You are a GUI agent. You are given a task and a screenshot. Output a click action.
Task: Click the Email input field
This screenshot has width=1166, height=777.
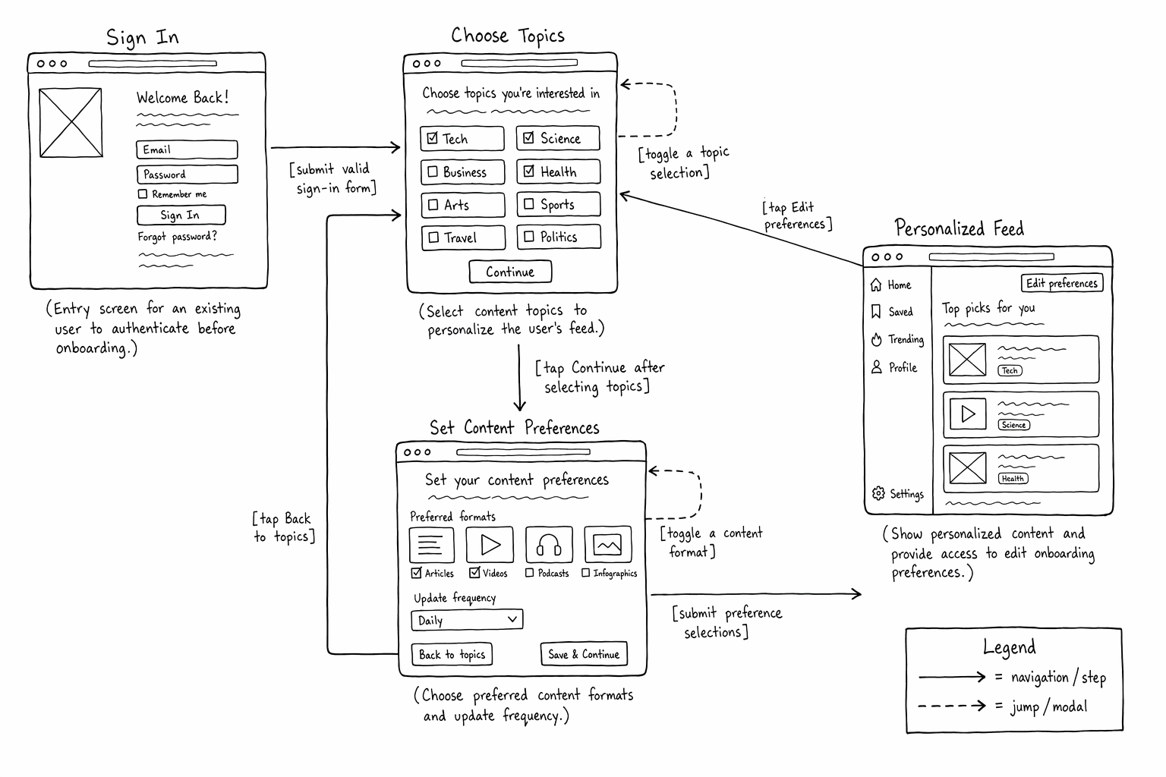(x=187, y=149)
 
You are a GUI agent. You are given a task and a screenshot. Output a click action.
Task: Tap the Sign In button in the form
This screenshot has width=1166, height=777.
(x=181, y=215)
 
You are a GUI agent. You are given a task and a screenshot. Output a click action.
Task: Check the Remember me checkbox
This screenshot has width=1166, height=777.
(x=142, y=194)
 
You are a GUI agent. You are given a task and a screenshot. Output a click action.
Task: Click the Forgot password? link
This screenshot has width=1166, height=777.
(x=177, y=237)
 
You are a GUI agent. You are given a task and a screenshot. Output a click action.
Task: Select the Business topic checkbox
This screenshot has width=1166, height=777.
(x=433, y=171)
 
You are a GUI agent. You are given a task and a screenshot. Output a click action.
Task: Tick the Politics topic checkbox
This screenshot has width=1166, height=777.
(x=529, y=237)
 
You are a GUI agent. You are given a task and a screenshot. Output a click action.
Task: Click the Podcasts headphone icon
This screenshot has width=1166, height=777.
(x=549, y=545)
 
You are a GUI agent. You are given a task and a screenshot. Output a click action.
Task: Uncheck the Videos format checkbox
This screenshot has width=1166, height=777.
(x=474, y=573)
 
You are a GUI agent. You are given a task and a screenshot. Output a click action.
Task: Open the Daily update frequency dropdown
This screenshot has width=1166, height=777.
(x=467, y=620)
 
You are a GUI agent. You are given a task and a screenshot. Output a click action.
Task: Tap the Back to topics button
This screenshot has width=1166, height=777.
(x=452, y=655)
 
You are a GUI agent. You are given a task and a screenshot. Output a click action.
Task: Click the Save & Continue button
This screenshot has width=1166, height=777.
(x=584, y=654)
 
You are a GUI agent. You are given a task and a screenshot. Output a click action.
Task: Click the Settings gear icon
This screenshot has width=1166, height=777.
(x=878, y=493)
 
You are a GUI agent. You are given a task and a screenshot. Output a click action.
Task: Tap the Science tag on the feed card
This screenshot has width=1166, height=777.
(x=1013, y=425)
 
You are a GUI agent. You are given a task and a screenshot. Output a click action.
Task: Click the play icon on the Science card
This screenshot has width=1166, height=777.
(x=968, y=414)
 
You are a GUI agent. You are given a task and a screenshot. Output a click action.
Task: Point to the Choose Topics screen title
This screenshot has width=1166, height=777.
(x=508, y=36)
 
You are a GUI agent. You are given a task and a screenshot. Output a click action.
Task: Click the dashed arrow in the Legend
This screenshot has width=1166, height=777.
(x=951, y=706)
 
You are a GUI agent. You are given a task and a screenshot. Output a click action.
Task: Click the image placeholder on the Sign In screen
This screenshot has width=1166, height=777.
(x=71, y=123)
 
